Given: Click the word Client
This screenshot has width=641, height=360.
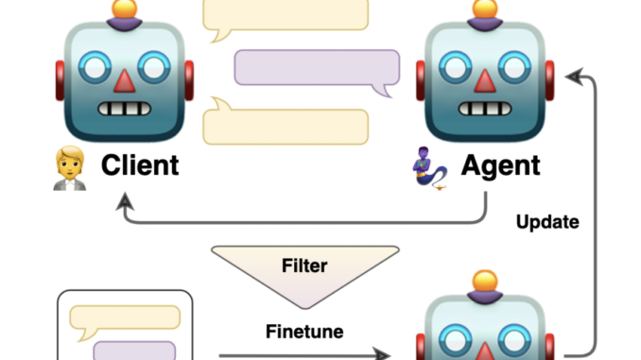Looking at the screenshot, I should tap(139, 166).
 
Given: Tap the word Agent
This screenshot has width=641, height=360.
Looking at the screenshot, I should tap(501, 166).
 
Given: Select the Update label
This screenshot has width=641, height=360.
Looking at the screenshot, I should tap(547, 223).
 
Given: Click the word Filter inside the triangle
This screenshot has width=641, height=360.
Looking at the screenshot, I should tap(304, 266).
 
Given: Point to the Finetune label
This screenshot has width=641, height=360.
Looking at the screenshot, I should tap(304, 332).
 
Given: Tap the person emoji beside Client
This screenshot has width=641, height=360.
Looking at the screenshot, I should tap(68, 168).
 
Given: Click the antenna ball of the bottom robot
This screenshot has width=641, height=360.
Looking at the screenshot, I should tap(485, 281).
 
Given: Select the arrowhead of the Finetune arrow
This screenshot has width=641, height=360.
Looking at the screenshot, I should tap(385, 354).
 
